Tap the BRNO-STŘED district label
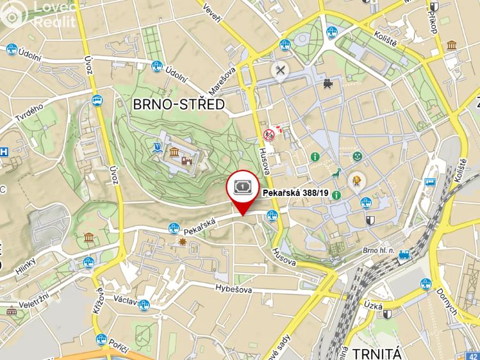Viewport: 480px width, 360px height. (179, 104)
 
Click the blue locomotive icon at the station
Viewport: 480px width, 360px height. (404, 256)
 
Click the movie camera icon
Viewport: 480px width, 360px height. (328, 83)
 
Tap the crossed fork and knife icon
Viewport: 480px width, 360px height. (280, 70)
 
